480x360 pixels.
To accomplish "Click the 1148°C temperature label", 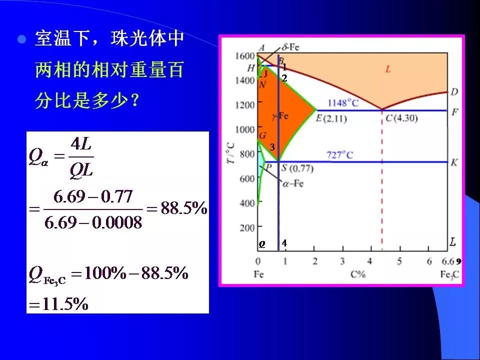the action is click(x=343, y=103).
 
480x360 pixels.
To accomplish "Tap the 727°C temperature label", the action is click(x=339, y=155).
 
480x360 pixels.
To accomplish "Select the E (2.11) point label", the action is click(x=331, y=118).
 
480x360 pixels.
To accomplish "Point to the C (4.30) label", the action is click(x=401, y=118).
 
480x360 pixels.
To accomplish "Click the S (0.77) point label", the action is click(x=297, y=168).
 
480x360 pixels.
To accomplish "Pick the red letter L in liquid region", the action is click(x=388, y=69).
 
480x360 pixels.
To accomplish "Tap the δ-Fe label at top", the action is click(x=290, y=47).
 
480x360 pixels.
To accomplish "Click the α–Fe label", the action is click(x=293, y=183).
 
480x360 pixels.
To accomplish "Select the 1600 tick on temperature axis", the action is click(x=245, y=55).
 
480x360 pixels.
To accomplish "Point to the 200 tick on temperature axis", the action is click(x=247, y=228).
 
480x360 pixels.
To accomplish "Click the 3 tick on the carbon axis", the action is click(x=342, y=261).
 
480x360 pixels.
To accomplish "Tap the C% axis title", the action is click(x=358, y=274).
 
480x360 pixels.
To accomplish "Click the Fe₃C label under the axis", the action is click(x=449, y=274).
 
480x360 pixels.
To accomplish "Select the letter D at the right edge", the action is click(x=454, y=91).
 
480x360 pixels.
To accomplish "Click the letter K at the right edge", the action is click(x=454, y=162).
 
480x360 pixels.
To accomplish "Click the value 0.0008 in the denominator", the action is click(x=117, y=222).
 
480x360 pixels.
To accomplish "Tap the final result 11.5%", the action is click(x=65, y=304).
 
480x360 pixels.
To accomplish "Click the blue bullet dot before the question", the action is click(x=21, y=39).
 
